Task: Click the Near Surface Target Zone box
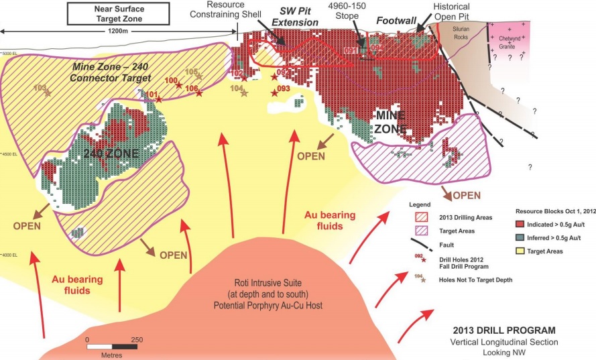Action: pos(118,13)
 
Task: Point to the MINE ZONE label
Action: pos(390,122)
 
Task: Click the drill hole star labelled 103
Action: pos(48,93)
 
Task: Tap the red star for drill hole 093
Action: pos(275,93)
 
